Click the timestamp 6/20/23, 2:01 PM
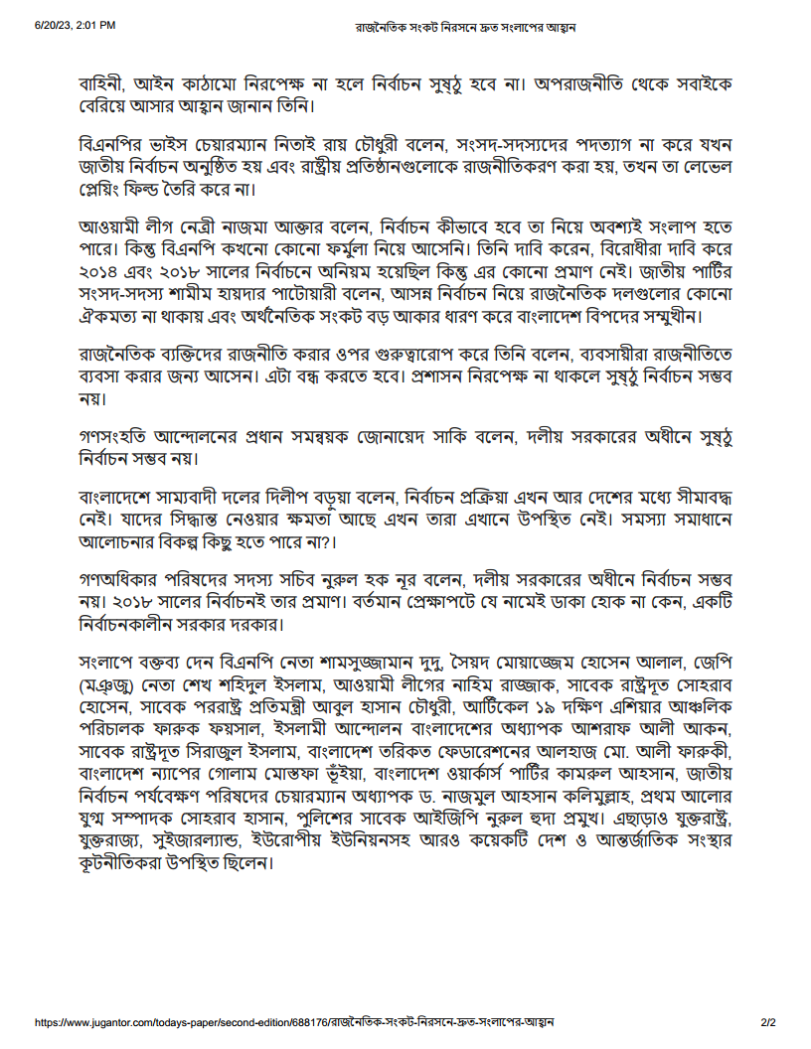(75, 25)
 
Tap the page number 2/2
(767, 1021)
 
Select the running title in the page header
(466, 25)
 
